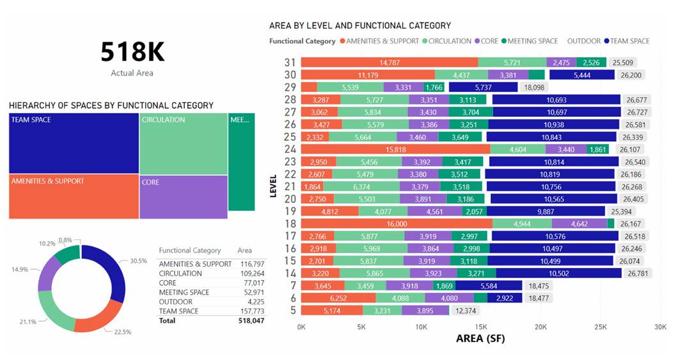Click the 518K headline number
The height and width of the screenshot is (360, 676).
pyautogui.click(x=132, y=52)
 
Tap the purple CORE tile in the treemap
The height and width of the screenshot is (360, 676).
pyautogui.click(x=184, y=197)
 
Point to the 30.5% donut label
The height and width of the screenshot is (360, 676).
pyautogui.click(x=138, y=261)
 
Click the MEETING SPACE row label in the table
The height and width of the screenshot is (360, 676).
pyautogui.click(x=184, y=292)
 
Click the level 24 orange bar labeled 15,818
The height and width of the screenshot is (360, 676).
pyautogui.click(x=395, y=149)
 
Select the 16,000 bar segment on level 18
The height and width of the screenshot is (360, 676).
pyautogui.click(x=397, y=224)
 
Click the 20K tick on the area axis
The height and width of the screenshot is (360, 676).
pyautogui.click(x=540, y=327)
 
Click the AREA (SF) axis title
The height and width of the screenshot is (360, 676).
pyautogui.click(x=480, y=338)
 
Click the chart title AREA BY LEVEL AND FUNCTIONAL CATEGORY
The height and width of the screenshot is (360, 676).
pyautogui.click(x=360, y=26)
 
